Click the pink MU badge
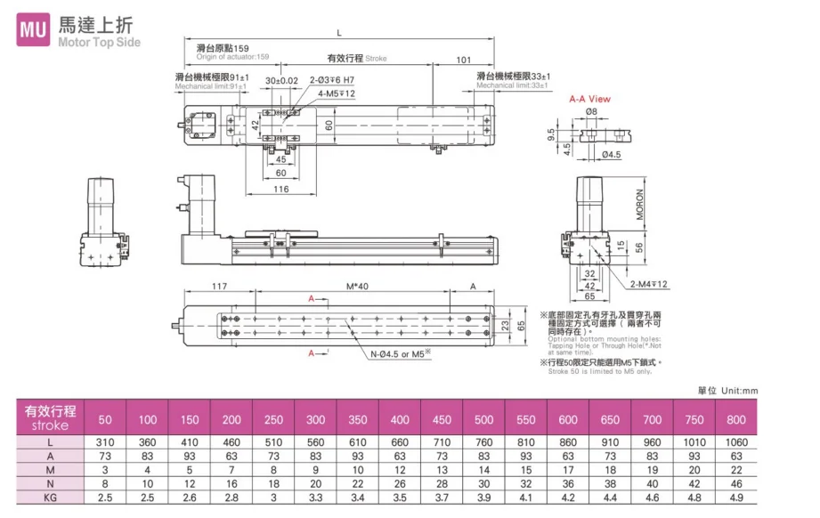(34, 29)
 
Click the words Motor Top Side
(99, 42)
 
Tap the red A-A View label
(589, 99)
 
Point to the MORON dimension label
(640, 205)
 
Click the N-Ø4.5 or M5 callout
(401, 353)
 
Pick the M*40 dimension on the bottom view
(356, 287)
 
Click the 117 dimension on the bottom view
(218, 287)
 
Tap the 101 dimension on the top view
(463, 61)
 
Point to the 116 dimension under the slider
(280, 189)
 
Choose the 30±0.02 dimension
(281, 80)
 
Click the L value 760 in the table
(483, 441)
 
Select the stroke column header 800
(735, 419)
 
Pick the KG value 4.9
(735, 498)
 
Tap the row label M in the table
(50, 470)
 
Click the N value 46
(735, 483)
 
